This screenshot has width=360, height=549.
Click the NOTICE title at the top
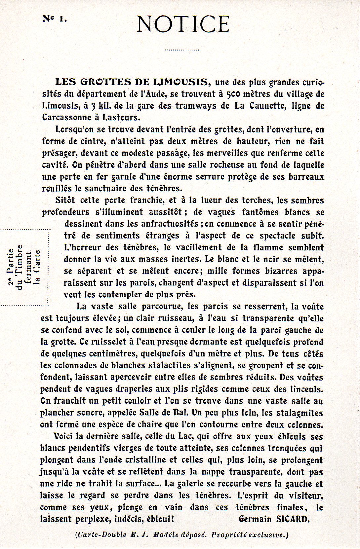(x=183, y=24)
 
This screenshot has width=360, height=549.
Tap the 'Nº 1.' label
(x=55, y=19)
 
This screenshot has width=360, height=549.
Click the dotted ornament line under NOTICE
(x=182, y=50)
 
